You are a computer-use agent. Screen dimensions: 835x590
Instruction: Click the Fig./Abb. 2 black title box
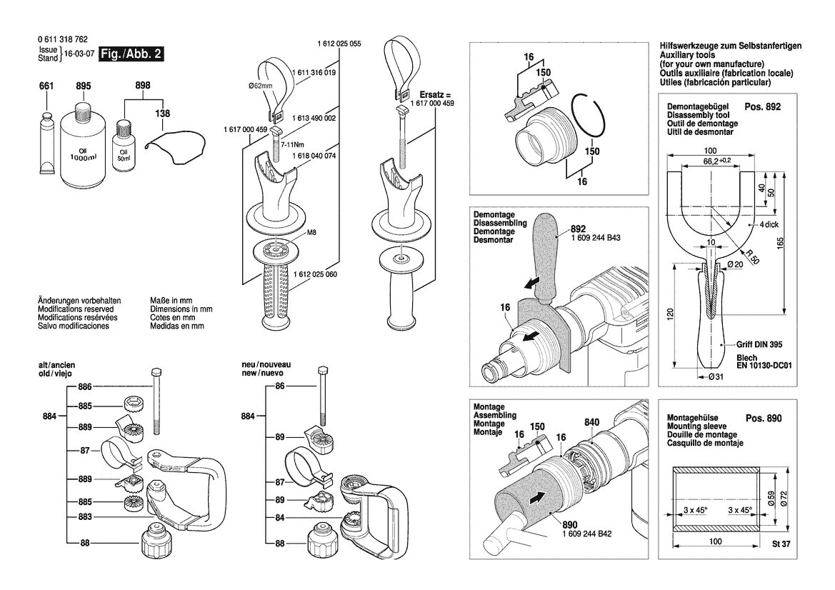click(131, 54)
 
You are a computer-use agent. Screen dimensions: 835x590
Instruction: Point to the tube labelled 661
click(47, 142)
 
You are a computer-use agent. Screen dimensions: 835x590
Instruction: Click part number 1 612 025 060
click(315, 274)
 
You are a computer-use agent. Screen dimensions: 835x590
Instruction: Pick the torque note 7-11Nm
click(292, 144)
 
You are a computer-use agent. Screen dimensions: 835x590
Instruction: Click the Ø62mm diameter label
click(261, 86)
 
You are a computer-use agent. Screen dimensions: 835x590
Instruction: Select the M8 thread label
click(311, 232)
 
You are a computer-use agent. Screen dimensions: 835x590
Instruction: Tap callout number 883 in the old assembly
click(85, 516)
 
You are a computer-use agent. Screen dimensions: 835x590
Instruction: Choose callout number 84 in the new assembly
click(279, 518)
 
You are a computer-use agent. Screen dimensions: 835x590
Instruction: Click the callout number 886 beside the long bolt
click(85, 386)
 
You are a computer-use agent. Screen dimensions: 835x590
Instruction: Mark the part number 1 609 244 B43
click(596, 238)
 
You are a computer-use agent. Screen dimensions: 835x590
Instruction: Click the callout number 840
click(591, 422)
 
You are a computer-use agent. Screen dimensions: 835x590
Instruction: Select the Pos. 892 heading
click(763, 106)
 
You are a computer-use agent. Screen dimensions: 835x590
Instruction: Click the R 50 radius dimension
click(752, 257)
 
